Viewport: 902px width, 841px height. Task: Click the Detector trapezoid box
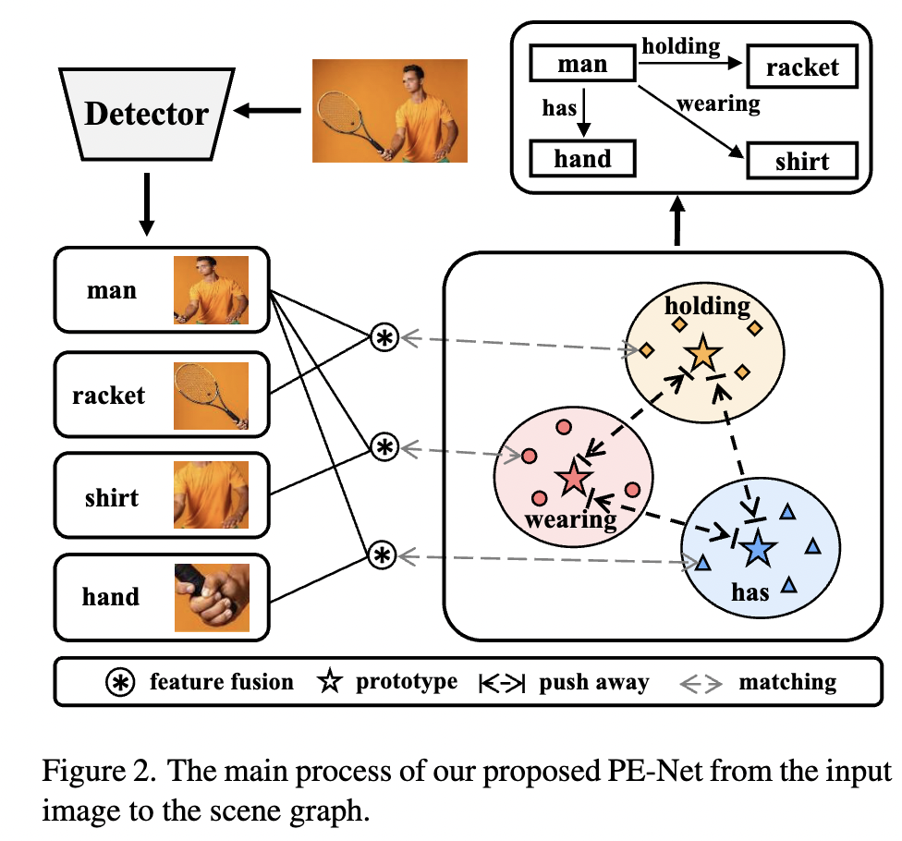click(146, 114)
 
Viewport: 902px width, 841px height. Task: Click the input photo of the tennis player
click(389, 111)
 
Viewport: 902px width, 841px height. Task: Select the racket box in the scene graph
click(802, 67)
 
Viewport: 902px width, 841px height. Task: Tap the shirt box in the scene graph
click(802, 162)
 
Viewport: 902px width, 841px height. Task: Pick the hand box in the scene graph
click(582, 158)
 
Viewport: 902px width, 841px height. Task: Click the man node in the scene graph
click(582, 64)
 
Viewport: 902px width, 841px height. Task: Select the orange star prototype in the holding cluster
click(702, 352)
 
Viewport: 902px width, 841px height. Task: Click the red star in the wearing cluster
click(573, 479)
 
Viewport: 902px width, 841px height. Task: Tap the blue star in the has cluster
click(758, 548)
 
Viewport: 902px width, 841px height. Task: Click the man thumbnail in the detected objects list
click(212, 290)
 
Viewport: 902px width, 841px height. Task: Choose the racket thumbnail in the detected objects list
click(212, 396)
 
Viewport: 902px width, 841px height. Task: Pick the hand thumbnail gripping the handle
click(212, 598)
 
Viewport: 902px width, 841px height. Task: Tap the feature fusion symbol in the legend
click(119, 683)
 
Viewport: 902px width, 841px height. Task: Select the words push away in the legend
click(594, 684)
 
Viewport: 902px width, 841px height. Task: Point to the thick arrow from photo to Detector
click(268, 111)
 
